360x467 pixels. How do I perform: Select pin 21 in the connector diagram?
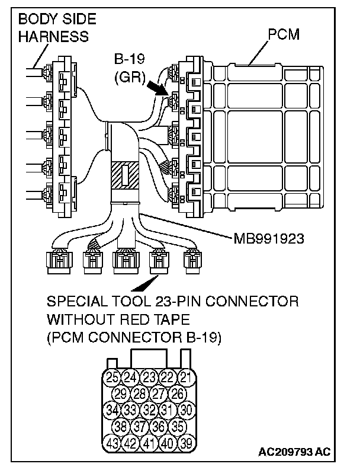[185, 376]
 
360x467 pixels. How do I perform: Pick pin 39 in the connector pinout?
[185, 442]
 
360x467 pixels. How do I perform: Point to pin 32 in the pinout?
[148, 409]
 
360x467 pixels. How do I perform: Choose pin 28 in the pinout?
[139, 392]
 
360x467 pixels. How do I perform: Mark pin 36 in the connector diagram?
[157, 426]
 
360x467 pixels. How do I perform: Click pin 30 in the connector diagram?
[185, 409]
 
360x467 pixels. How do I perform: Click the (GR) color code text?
[130, 76]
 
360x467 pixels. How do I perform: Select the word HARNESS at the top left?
[53, 36]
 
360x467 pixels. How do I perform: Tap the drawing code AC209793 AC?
[294, 452]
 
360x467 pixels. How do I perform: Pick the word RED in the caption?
[137, 320]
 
